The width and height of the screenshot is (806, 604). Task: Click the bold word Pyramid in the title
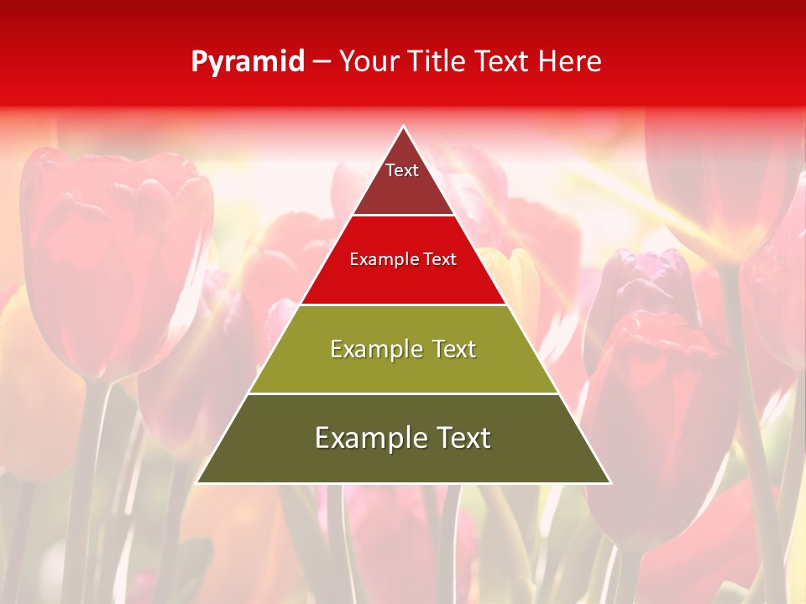(x=248, y=62)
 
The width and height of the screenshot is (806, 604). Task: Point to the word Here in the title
(x=569, y=62)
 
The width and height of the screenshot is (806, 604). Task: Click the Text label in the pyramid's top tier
(x=402, y=170)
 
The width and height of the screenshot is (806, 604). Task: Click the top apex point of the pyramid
(x=404, y=127)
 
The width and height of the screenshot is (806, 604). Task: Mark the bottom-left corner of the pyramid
(x=197, y=482)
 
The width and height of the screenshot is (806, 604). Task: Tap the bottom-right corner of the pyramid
(x=610, y=482)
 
